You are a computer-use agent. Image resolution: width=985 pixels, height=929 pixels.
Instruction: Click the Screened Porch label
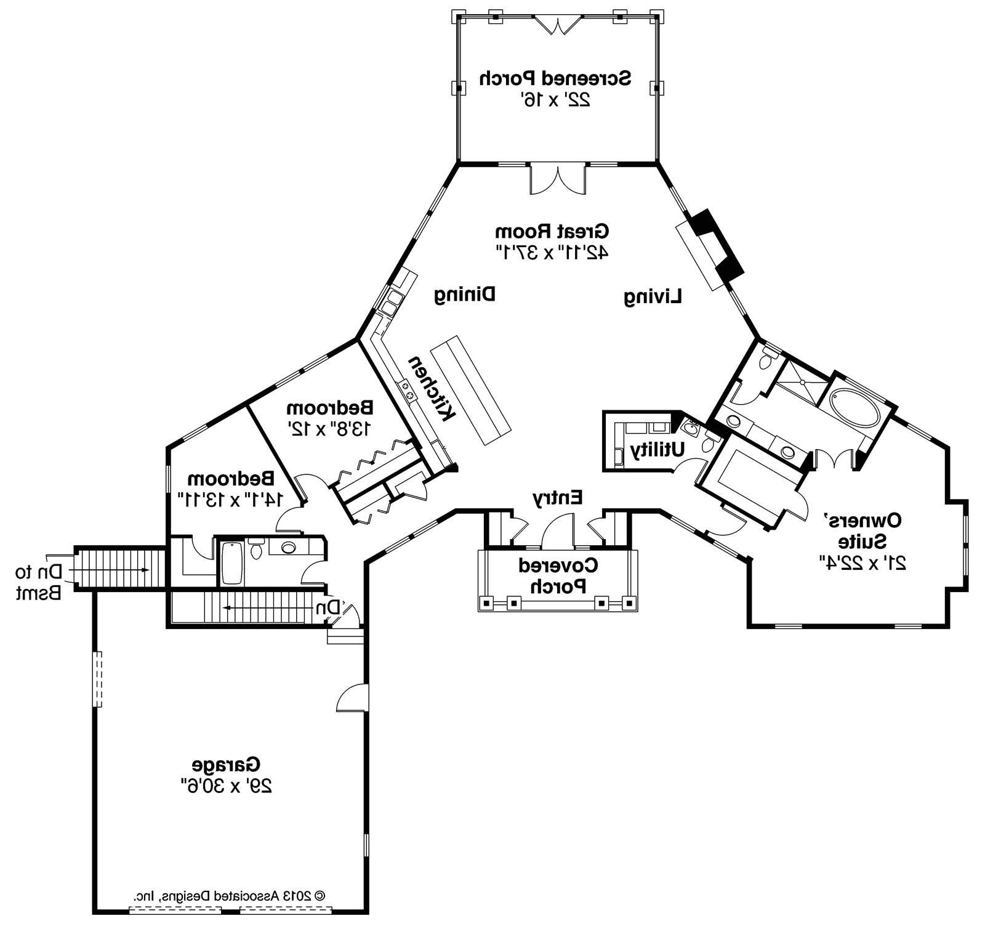tap(555, 79)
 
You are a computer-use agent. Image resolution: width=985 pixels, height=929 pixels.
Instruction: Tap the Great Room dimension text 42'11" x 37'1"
tap(552, 252)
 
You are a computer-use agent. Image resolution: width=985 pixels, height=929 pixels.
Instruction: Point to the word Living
tap(653, 297)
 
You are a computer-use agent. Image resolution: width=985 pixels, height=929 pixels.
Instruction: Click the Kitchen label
tap(432, 388)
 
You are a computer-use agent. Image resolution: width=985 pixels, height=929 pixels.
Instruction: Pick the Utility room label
tap(657, 450)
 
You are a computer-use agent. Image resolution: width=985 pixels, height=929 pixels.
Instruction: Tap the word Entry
tap(557, 497)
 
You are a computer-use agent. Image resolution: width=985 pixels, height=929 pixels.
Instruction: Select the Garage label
tap(226, 766)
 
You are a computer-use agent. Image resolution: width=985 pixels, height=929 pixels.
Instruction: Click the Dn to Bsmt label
tap(39, 582)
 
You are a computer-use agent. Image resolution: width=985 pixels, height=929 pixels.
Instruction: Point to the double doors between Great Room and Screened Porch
tap(558, 179)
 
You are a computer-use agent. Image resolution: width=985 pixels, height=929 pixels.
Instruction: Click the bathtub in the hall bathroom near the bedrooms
tap(232, 562)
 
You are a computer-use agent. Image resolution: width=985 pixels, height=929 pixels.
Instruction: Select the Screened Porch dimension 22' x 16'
tap(555, 100)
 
